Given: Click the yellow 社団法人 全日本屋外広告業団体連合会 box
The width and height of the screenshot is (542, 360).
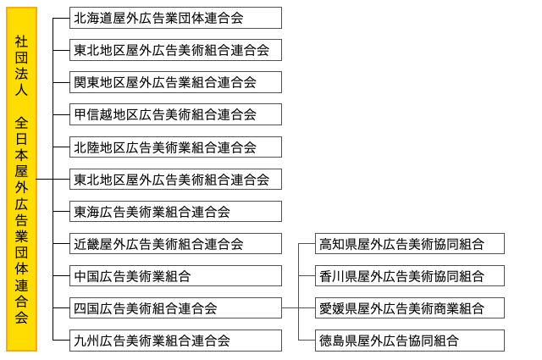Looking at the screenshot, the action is [x=21, y=179].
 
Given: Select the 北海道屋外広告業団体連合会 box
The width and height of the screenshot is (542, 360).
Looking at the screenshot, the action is [x=175, y=18].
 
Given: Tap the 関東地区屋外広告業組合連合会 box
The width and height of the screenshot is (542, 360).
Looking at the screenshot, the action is [x=175, y=82].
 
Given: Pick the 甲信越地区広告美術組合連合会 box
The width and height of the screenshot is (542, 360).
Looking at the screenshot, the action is [x=175, y=114].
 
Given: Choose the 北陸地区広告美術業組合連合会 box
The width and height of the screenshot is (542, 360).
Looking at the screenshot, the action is [x=175, y=147].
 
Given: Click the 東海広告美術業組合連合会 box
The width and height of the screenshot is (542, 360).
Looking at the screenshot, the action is [x=175, y=211].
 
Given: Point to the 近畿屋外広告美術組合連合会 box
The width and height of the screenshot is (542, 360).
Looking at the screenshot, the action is [x=175, y=243].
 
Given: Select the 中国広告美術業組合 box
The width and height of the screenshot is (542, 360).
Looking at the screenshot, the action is [x=175, y=275].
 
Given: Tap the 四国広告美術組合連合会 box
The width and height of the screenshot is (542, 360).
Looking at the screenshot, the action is [x=175, y=307].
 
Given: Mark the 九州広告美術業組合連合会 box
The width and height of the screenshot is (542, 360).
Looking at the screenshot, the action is [x=175, y=341].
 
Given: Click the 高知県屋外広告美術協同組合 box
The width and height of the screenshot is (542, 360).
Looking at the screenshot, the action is [x=410, y=243].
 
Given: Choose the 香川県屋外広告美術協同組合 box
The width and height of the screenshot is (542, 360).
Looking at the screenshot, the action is [x=410, y=275].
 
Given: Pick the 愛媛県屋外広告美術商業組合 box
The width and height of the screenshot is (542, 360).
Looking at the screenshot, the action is [x=410, y=307].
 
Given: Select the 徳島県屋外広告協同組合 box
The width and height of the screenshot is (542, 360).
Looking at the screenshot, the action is [x=410, y=341].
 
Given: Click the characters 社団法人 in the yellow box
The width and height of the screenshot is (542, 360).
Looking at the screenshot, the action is [x=21, y=65].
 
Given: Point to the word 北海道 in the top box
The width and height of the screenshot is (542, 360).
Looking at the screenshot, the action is [x=93, y=18].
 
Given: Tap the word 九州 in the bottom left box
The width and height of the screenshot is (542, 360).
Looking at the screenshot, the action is [x=86, y=341].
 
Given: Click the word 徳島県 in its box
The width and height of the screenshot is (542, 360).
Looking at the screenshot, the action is [x=339, y=341].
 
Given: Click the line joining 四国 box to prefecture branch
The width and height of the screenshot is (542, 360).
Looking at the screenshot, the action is [x=290, y=307].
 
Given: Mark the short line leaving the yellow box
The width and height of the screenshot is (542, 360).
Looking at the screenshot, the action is [x=45, y=179].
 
